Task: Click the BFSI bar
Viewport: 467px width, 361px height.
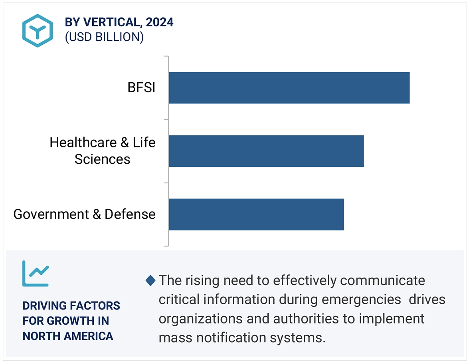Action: [289, 87]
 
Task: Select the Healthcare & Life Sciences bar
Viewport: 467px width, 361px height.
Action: [266, 151]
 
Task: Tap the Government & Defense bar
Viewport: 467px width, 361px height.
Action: [256, 214]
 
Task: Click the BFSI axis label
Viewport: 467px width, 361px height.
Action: [141, 87]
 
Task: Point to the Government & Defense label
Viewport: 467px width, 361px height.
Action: [84, 214]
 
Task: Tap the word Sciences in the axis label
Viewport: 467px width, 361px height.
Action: [103, 159]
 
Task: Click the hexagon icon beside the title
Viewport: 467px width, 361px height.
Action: [38, 31]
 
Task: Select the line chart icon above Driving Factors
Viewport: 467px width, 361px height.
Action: [36, 274]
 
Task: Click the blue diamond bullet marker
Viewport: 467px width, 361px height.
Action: [150, 281]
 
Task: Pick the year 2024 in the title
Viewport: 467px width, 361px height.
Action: [160, 22]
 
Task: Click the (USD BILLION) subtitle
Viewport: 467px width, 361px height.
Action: [104, 37]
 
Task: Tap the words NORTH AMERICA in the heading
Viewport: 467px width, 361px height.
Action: [68, 336]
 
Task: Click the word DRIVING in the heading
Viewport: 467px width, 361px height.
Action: [44, 306]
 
